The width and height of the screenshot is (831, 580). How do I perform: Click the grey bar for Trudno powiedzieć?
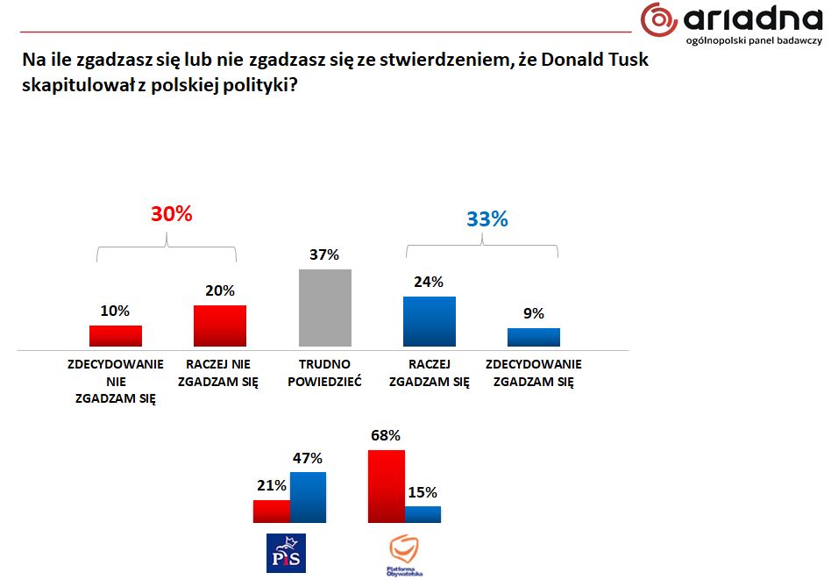324,308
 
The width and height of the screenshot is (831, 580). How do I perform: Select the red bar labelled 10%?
115,336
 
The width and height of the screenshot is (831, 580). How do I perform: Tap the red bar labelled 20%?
219,326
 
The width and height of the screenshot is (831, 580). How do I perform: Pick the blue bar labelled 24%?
429,321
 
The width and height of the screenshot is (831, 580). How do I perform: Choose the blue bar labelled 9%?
533,337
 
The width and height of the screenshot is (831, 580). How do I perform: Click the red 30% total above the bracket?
171,213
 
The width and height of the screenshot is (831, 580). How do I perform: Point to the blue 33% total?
487,218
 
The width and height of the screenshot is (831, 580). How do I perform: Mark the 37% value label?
323,255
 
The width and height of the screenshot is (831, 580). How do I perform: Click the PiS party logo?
286,554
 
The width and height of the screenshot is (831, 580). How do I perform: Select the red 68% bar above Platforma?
387,486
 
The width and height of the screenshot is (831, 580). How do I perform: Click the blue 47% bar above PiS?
308,498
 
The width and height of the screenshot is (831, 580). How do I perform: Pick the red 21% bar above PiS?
271,512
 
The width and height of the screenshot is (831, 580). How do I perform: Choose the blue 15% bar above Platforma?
423,514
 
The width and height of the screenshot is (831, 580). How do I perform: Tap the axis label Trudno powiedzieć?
324,373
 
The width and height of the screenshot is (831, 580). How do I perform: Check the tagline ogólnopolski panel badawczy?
753,40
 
